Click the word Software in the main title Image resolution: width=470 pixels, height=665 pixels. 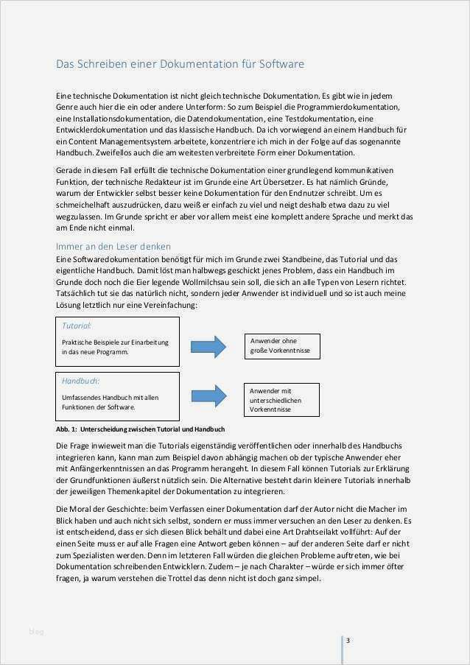281,65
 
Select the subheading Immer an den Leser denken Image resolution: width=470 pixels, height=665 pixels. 113,246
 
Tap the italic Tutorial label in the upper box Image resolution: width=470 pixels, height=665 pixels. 76,325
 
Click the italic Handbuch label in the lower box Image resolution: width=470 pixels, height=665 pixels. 80,381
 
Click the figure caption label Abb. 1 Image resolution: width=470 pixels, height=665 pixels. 66,429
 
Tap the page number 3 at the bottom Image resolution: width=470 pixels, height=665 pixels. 348,640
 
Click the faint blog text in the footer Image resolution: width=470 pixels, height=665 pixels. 37,631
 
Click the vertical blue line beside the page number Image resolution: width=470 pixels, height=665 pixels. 342,648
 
